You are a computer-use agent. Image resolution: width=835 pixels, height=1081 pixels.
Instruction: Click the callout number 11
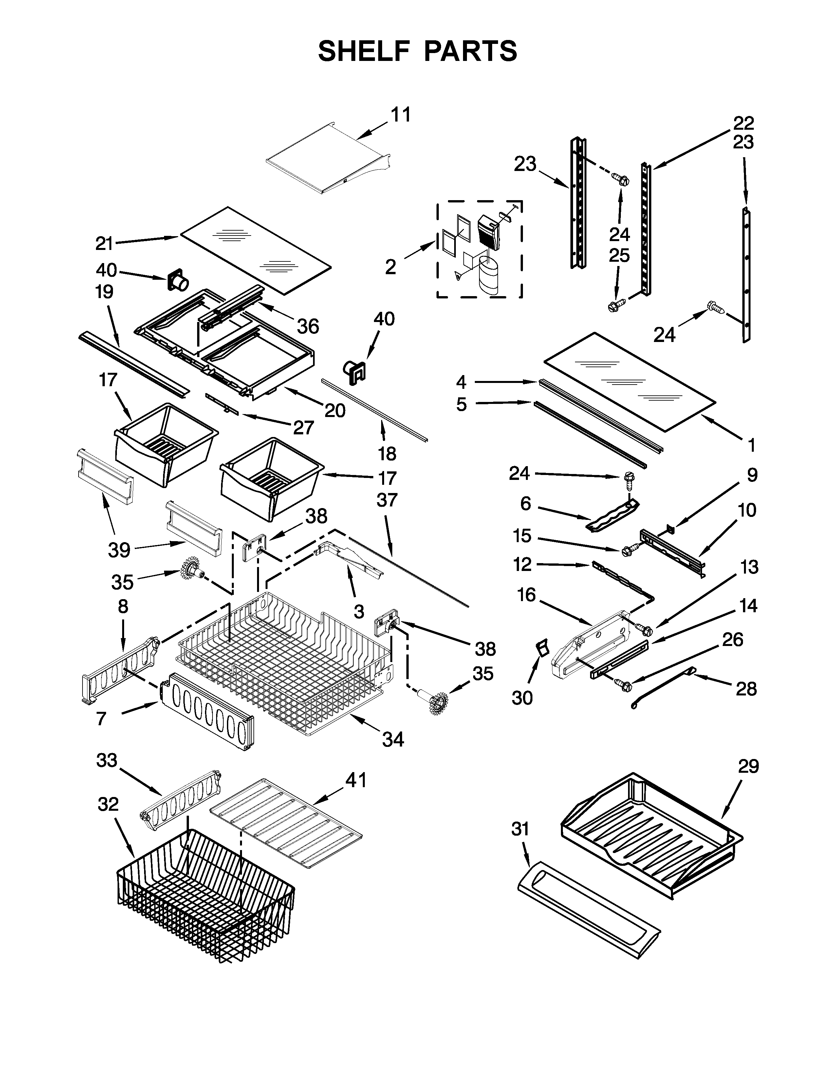coord(401,115)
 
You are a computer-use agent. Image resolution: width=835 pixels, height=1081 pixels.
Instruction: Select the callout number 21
coord(104,243)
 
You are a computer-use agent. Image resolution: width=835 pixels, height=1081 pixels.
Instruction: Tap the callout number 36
coord(308,326)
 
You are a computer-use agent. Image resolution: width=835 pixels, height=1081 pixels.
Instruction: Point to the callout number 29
coord(748,767)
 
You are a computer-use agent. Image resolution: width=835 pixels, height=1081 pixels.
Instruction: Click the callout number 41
coord(356,781)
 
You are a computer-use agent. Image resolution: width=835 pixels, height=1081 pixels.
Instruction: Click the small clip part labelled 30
coord(544,647)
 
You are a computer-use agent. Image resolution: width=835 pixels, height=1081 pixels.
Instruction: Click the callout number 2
coord(390,267)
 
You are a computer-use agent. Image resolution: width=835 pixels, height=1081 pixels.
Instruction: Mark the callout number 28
coord(746,689)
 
